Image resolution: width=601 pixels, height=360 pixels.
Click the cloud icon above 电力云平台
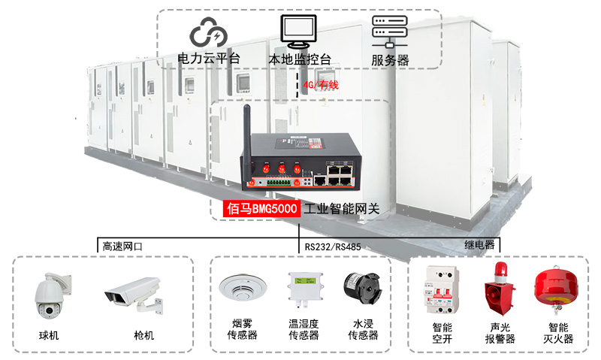coord(207,32)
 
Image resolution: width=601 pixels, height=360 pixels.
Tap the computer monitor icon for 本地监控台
coord(299,32)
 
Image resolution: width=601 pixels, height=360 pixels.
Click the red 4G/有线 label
coord(321,85)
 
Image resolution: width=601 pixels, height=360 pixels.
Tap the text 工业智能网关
coord(340,208)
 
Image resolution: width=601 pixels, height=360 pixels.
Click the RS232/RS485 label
coord(333,246)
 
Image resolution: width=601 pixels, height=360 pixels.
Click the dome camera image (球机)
coord(52,298)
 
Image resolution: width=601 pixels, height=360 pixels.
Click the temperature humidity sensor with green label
coord(304,290)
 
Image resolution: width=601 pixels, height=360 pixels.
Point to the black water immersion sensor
coord(361,289)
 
